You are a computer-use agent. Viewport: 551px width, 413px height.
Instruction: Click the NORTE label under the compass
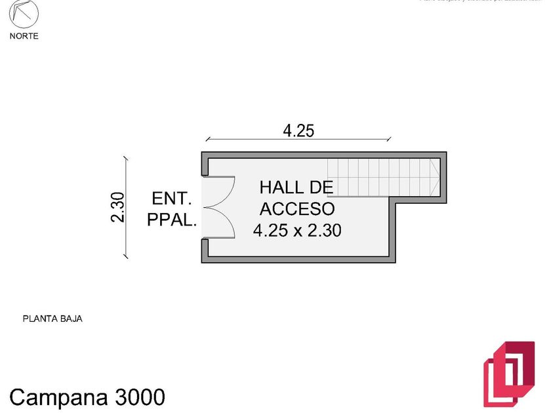[x=24, y=36]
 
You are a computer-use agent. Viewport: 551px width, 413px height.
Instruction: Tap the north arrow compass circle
[x=24, y=14]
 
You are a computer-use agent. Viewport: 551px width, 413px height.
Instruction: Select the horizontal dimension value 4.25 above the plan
[x=298, y=130]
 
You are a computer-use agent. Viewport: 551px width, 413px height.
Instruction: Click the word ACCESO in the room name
[x=297, y=209]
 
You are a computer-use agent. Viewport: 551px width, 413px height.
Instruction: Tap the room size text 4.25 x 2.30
[x=297, y=230]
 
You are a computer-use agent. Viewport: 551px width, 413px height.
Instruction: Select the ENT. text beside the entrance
[x=171, y=199]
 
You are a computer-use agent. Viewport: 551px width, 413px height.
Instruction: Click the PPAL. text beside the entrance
[x=171, y=220]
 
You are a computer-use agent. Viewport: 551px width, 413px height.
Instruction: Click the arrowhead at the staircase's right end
[x=434, y=177]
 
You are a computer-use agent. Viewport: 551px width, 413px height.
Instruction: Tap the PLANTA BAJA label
[x=52, y=319]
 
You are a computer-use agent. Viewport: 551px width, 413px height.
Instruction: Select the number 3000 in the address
[x=140, y=397]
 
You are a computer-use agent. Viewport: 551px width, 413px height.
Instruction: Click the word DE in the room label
[x=321, y=187]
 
